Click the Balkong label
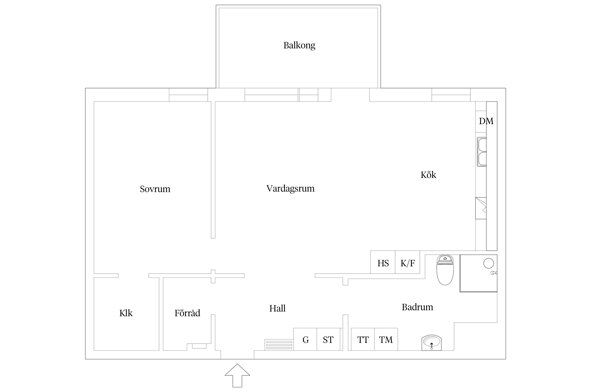(299, 45)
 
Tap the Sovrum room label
(155, 189)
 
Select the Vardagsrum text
(290, 188)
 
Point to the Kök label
(428, 175)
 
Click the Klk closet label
(126, 313)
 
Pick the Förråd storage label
(187, 313)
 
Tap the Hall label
(277, 308)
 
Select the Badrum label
(417, 307)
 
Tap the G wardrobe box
(305, 339)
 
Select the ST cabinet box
(328, 339)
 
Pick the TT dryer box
(363, 339)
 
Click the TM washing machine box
(386, 339)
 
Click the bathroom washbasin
(431, 342)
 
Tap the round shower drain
(488, 263)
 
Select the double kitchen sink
(482, 152)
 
